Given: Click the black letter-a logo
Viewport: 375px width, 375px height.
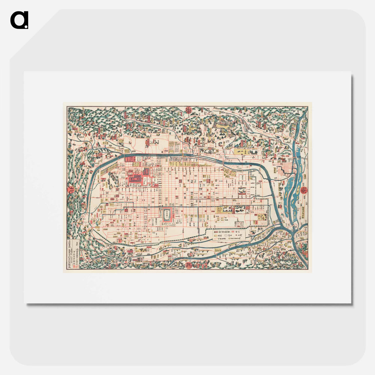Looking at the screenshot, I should point(19,20).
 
